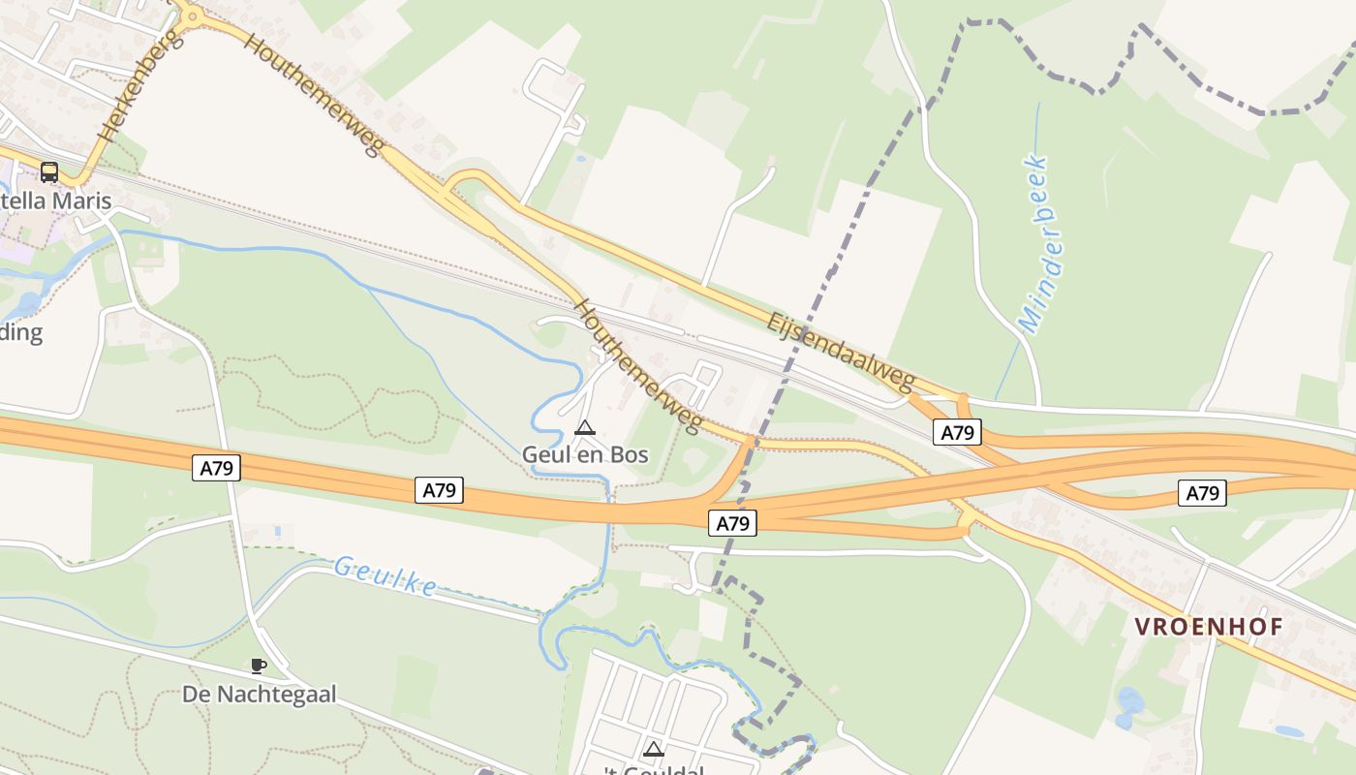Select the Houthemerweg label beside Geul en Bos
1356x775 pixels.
(x=637, y=366)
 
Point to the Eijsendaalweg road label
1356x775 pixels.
(x=840, y=353)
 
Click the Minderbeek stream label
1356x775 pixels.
(x=1034, y=244)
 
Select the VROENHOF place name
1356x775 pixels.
(x=1209, y=627)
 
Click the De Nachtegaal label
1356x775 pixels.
(x=259, y=694)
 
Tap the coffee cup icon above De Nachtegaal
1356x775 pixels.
(x=258, y=666)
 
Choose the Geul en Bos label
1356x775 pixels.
(x=585, y=453)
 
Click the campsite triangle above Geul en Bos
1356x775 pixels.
(x=584, y=427)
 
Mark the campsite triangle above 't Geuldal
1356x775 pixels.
(x=654, y=748)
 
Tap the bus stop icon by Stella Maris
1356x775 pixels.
(x=49, y=172)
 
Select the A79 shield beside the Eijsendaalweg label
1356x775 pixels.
(x=957, y=432)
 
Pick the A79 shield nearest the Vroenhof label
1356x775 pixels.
(x=1202, y=493)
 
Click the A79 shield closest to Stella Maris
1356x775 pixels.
(x=217, y=469)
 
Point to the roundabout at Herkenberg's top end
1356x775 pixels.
(x=192, y=15)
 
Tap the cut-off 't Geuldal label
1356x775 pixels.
(x=654, y=770)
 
